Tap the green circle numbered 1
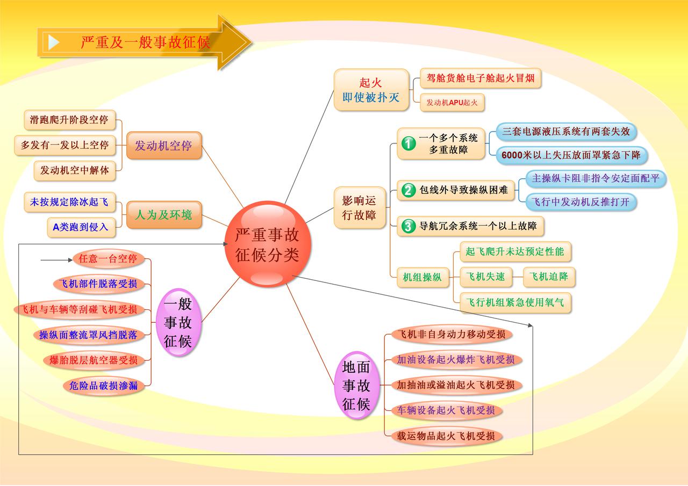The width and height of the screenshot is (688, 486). coord(409,143)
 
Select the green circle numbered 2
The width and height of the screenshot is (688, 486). coord(409,190)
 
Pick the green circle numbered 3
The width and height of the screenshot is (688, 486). coord(409,226)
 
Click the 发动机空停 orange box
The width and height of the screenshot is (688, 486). coord(164,146)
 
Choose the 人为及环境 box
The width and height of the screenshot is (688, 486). coord(164,215)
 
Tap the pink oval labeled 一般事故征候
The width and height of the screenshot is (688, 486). coord(178,319)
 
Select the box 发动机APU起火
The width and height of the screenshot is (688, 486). coord(452,102)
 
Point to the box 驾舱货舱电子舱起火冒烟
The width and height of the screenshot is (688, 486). coord(480,78)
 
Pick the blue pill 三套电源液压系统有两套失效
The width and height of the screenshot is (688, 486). coord(565,131)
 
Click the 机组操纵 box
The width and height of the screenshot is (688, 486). coord(422,277)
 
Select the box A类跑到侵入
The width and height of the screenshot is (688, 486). coord(81,227)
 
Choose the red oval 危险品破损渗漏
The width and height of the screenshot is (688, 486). coord(104,385)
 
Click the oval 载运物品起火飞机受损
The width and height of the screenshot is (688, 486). coord(446,436)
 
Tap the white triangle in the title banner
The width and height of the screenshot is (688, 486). coord(54,42)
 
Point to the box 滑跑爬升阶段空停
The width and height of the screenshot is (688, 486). coord(70,120)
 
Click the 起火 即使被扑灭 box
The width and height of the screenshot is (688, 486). coord(371,90)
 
